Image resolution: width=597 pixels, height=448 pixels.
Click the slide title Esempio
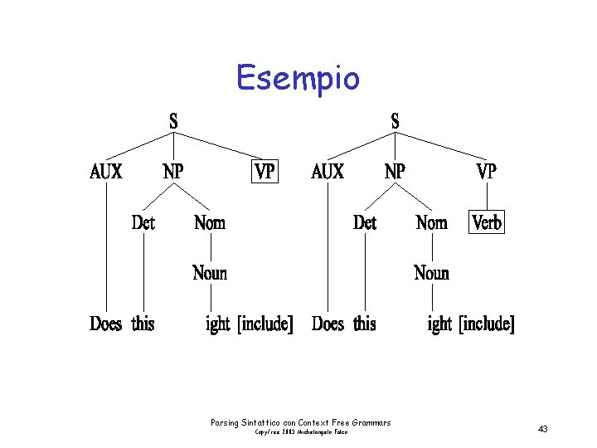tap(298, 79)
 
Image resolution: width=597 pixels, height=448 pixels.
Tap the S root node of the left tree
tap(173, 121)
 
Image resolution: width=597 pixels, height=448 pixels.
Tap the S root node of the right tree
tap(395, 121)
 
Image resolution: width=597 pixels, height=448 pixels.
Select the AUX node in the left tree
tap(106, 172)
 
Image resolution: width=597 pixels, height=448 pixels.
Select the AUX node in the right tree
tap(328, 172)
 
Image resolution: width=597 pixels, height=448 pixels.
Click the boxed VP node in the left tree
tap(265, 172)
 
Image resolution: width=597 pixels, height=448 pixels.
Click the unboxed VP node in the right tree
tap(487, 172)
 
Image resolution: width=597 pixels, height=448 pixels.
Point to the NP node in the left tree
tap(173, 172)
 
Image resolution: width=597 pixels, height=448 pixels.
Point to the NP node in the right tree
tap(395, 172)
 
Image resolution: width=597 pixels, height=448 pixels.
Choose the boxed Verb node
tap(487, 222)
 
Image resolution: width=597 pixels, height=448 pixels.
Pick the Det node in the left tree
tap(143, 222)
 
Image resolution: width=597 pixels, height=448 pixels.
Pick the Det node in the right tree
tap(365, 222)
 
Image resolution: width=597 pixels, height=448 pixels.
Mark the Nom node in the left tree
tap(210, 222)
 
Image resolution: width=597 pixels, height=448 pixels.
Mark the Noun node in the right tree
tap(431, 273)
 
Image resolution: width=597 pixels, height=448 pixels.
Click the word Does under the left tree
tap(105, 324)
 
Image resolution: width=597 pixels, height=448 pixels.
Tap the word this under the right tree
tap(365, 324)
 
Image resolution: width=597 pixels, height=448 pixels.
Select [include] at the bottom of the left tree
tap(265, 324)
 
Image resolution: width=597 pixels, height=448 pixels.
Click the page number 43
tap(543, 429)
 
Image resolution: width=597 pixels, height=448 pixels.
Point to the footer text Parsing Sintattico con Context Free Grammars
tap(301, 423)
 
